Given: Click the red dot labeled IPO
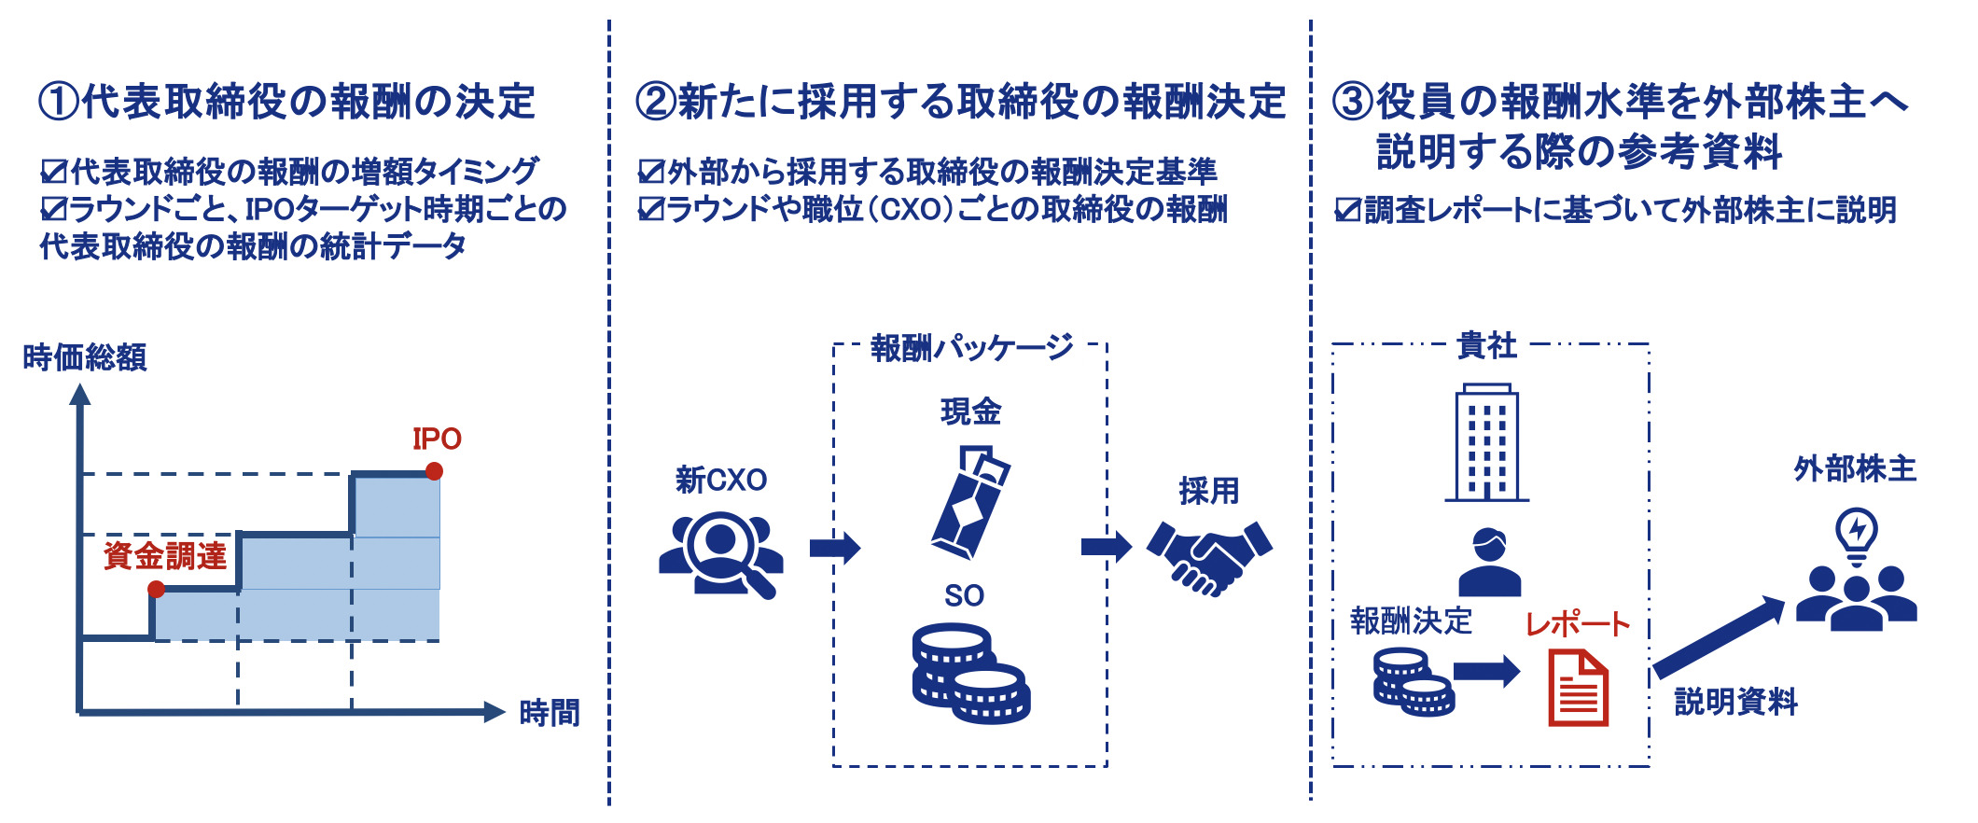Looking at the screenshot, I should point(434,471).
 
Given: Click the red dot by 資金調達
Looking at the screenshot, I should point(157,589).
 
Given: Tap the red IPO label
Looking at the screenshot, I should point(437,439).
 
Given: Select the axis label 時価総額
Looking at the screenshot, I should point(84,357).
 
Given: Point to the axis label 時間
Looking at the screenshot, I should point(549,713).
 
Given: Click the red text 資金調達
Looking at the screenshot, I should point(165,556).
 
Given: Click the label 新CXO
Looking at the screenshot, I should point(720,481).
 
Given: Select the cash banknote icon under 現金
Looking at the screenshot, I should point(970,502).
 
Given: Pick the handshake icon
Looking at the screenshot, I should point(1209,557).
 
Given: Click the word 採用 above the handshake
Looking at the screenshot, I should point(1209,491).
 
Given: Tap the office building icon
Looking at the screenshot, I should point(1486,443).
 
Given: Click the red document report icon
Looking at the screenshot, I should point(1578,689).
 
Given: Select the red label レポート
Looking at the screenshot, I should point(1577,624).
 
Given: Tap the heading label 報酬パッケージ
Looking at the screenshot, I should point(970,348).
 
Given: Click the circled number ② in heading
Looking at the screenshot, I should point(656,102).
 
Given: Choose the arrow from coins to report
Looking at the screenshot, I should point(1486,670).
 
